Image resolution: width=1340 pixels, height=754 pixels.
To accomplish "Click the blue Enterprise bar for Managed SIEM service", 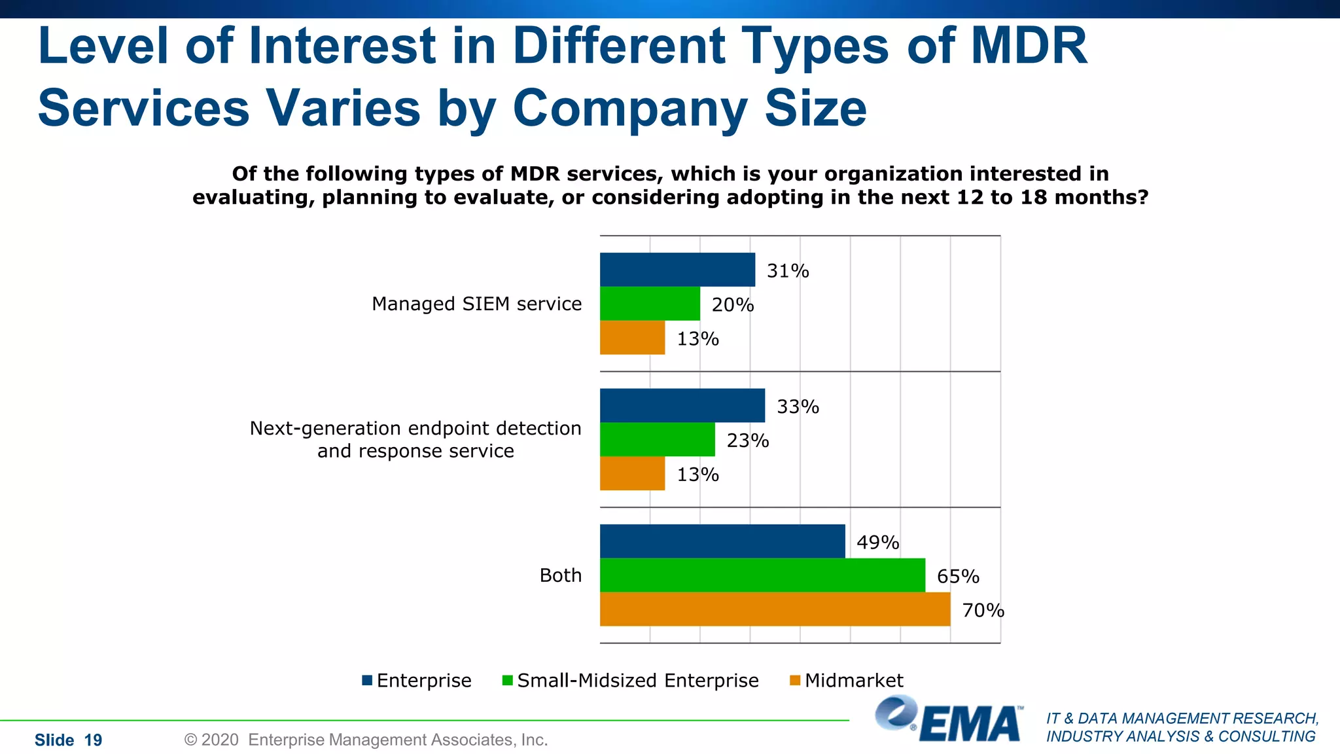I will (677, 270).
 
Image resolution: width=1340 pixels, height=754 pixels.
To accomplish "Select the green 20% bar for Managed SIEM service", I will (650, 304).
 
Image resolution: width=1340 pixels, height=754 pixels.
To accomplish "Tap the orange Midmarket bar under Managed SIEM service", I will (632, 338).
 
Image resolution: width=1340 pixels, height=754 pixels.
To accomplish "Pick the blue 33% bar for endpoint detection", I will (682, 406).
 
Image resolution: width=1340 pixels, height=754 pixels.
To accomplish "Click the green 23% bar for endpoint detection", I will (657, 439).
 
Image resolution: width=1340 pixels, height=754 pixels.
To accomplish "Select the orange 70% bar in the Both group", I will (775, 609).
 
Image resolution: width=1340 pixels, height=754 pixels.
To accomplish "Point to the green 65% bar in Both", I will (762, 575).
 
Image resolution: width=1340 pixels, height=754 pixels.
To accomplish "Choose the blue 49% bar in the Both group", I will (722, 541).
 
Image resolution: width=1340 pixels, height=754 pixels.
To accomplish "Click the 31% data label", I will (788, 271).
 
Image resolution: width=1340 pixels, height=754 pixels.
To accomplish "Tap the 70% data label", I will (983, 611).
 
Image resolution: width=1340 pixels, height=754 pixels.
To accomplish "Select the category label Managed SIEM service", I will (476, 304).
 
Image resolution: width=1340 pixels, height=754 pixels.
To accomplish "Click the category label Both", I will (560, 575).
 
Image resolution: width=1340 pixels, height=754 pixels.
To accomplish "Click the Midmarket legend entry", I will (853, 681).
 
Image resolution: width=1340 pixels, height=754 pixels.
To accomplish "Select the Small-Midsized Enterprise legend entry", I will (637, 681).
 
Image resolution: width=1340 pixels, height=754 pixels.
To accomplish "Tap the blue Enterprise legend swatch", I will (367, 681).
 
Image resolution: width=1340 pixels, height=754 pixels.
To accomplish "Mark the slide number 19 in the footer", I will (94, 740).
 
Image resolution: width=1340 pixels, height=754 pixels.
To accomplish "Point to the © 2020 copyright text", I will (365, 740).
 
